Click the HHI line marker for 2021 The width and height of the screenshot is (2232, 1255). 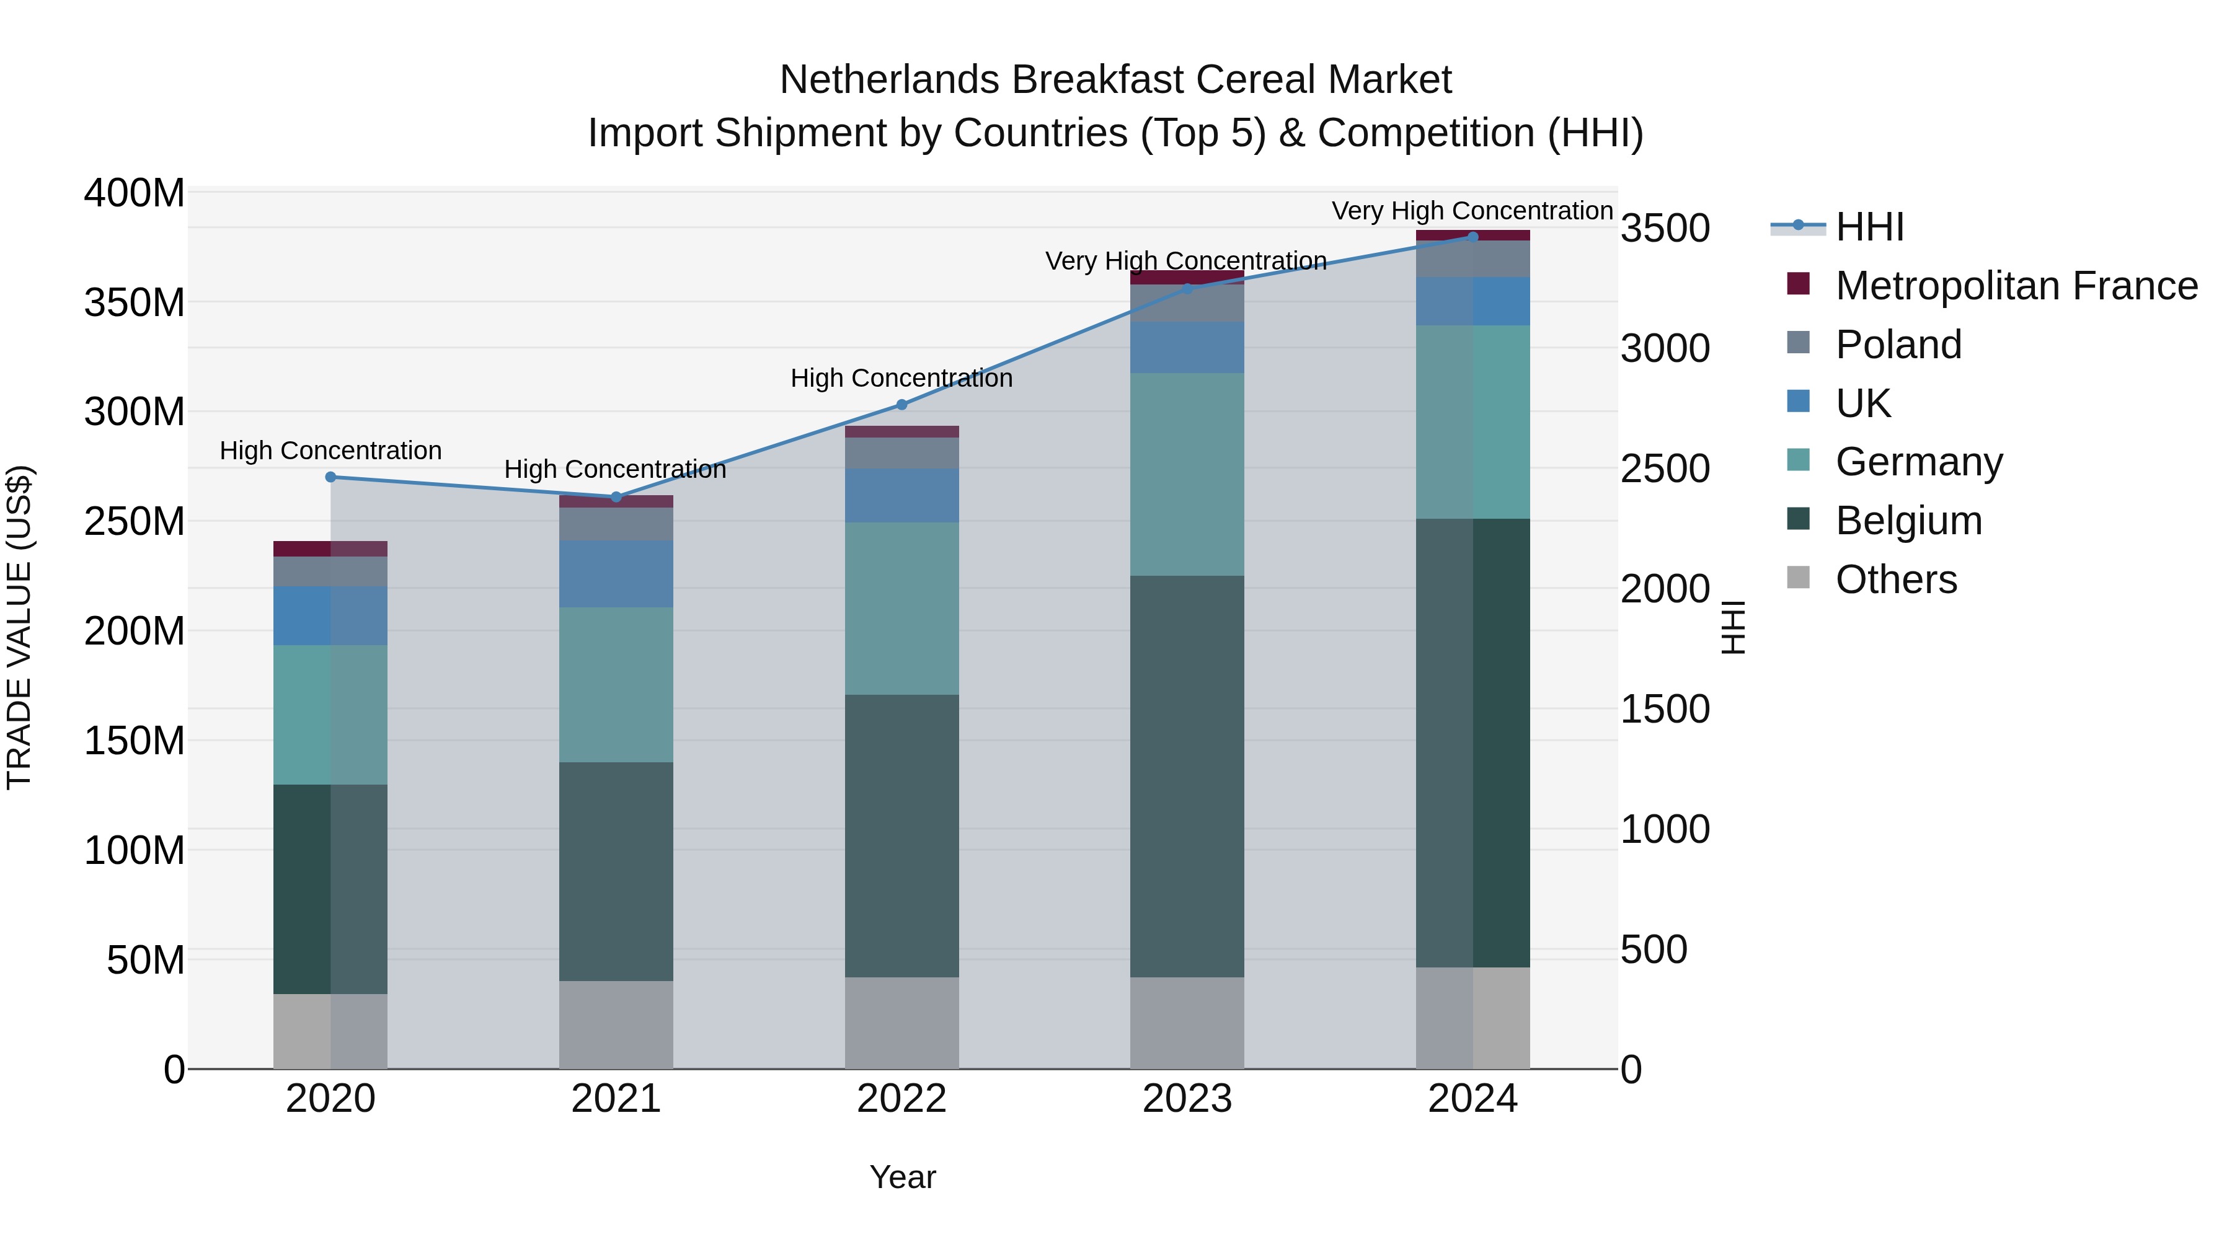point(616,497)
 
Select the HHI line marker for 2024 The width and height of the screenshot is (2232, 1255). point(1473,237)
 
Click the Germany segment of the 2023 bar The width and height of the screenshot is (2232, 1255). point(1187,475)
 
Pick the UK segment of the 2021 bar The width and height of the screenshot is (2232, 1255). point(616,573)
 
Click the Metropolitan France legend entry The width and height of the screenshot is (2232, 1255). point(2016,286)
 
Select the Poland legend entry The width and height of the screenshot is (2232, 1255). point(1898,345)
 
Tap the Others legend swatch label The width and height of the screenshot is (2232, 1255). point(1896,579)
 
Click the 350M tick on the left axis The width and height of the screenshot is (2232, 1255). point(135,303)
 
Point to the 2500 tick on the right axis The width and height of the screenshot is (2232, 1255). point(1665,469)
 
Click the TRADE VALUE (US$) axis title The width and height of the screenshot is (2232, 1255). point(19,627)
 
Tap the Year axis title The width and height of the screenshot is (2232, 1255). point(902,1177)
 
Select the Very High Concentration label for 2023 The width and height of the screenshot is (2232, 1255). point(1185,261)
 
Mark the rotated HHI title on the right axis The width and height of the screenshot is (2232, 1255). point(1732,627)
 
